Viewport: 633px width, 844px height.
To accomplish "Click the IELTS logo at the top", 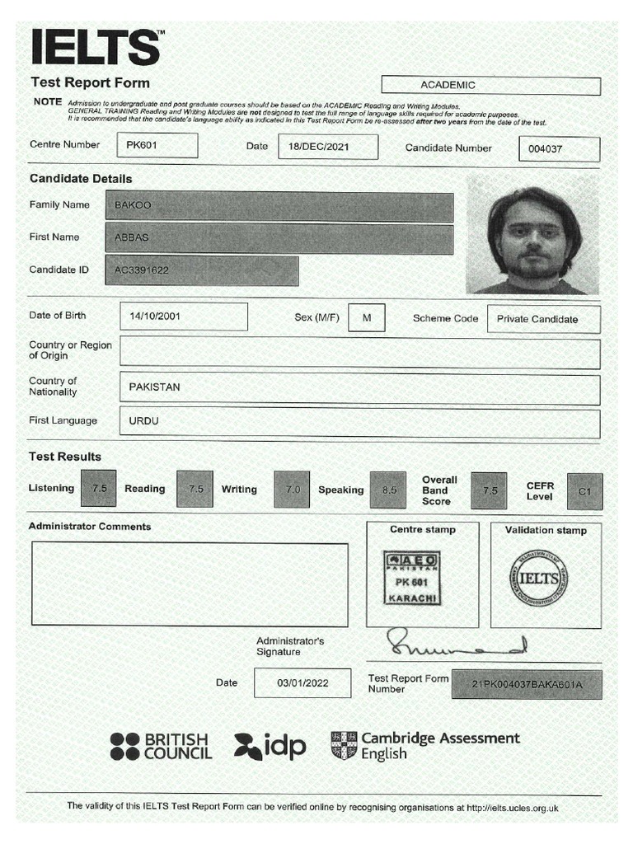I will pyautogui.click(x=96, y=47).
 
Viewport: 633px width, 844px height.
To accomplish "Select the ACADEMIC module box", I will pyautogui.click(x=490, y=85).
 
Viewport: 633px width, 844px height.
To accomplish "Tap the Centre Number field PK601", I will pyautogui.click(x=157, y=145).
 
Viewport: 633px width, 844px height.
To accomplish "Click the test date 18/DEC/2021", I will pyautogui.click(x=327, y=147).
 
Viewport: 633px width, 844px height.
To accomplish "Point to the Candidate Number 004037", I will pyautogui.click(x=558, y=149).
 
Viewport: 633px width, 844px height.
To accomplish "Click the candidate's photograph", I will pyautogui.click(x=532, y=235).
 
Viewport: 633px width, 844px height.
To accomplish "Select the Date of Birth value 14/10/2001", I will pyautogui.click(x=183, y=316).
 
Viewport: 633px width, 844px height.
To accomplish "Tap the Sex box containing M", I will pyautogui.click(x=366, y=317).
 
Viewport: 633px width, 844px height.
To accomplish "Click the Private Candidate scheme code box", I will pyautogui.click(x=543, y=319).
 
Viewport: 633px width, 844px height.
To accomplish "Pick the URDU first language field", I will pyautogui.click(x=359, y=422).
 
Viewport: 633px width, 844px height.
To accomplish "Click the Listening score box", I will pyautogui.click(x=99, y=489).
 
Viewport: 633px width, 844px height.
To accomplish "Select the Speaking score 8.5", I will pyautogui.click(x=387, y=490).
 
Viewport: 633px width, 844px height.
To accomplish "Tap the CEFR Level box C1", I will pyautogui.click(x=584, y=491).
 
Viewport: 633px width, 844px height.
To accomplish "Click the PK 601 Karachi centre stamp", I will pyautogui.click(x=412, y=578).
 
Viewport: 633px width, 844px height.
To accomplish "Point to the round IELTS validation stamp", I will pyautogui.click(x=538, y=578).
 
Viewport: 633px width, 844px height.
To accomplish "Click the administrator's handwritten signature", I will pyautogui.click(x=454, y=643).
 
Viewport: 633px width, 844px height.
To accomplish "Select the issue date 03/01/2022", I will pyautogui.click(x=302, y=683).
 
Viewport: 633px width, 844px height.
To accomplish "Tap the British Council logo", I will pyautogui.click(x=161, y=746).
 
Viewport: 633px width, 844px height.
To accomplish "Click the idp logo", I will pyautogui.click(x=270, y=746).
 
